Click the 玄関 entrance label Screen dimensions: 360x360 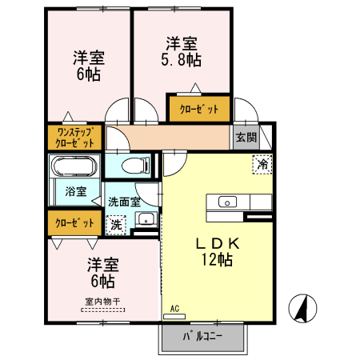click(x=246, y=137)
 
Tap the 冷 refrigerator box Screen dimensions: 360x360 click(x=262, y=164)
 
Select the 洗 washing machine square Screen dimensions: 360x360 click(x=117, y=225)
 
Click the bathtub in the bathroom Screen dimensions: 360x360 click(x=74, y=167)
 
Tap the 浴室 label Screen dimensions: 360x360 click(x=66, y=192)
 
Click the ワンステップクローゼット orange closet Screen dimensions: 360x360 click(x=75, y=137)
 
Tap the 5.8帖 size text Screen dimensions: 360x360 click(x=183, y=59)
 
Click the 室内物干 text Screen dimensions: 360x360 click(x=102, y=302)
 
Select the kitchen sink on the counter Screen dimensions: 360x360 click(x=226, y=202)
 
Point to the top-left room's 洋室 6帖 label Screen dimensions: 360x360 click(x=90, y=66)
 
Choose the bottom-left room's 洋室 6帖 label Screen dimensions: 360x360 click(x=102, y=273)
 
